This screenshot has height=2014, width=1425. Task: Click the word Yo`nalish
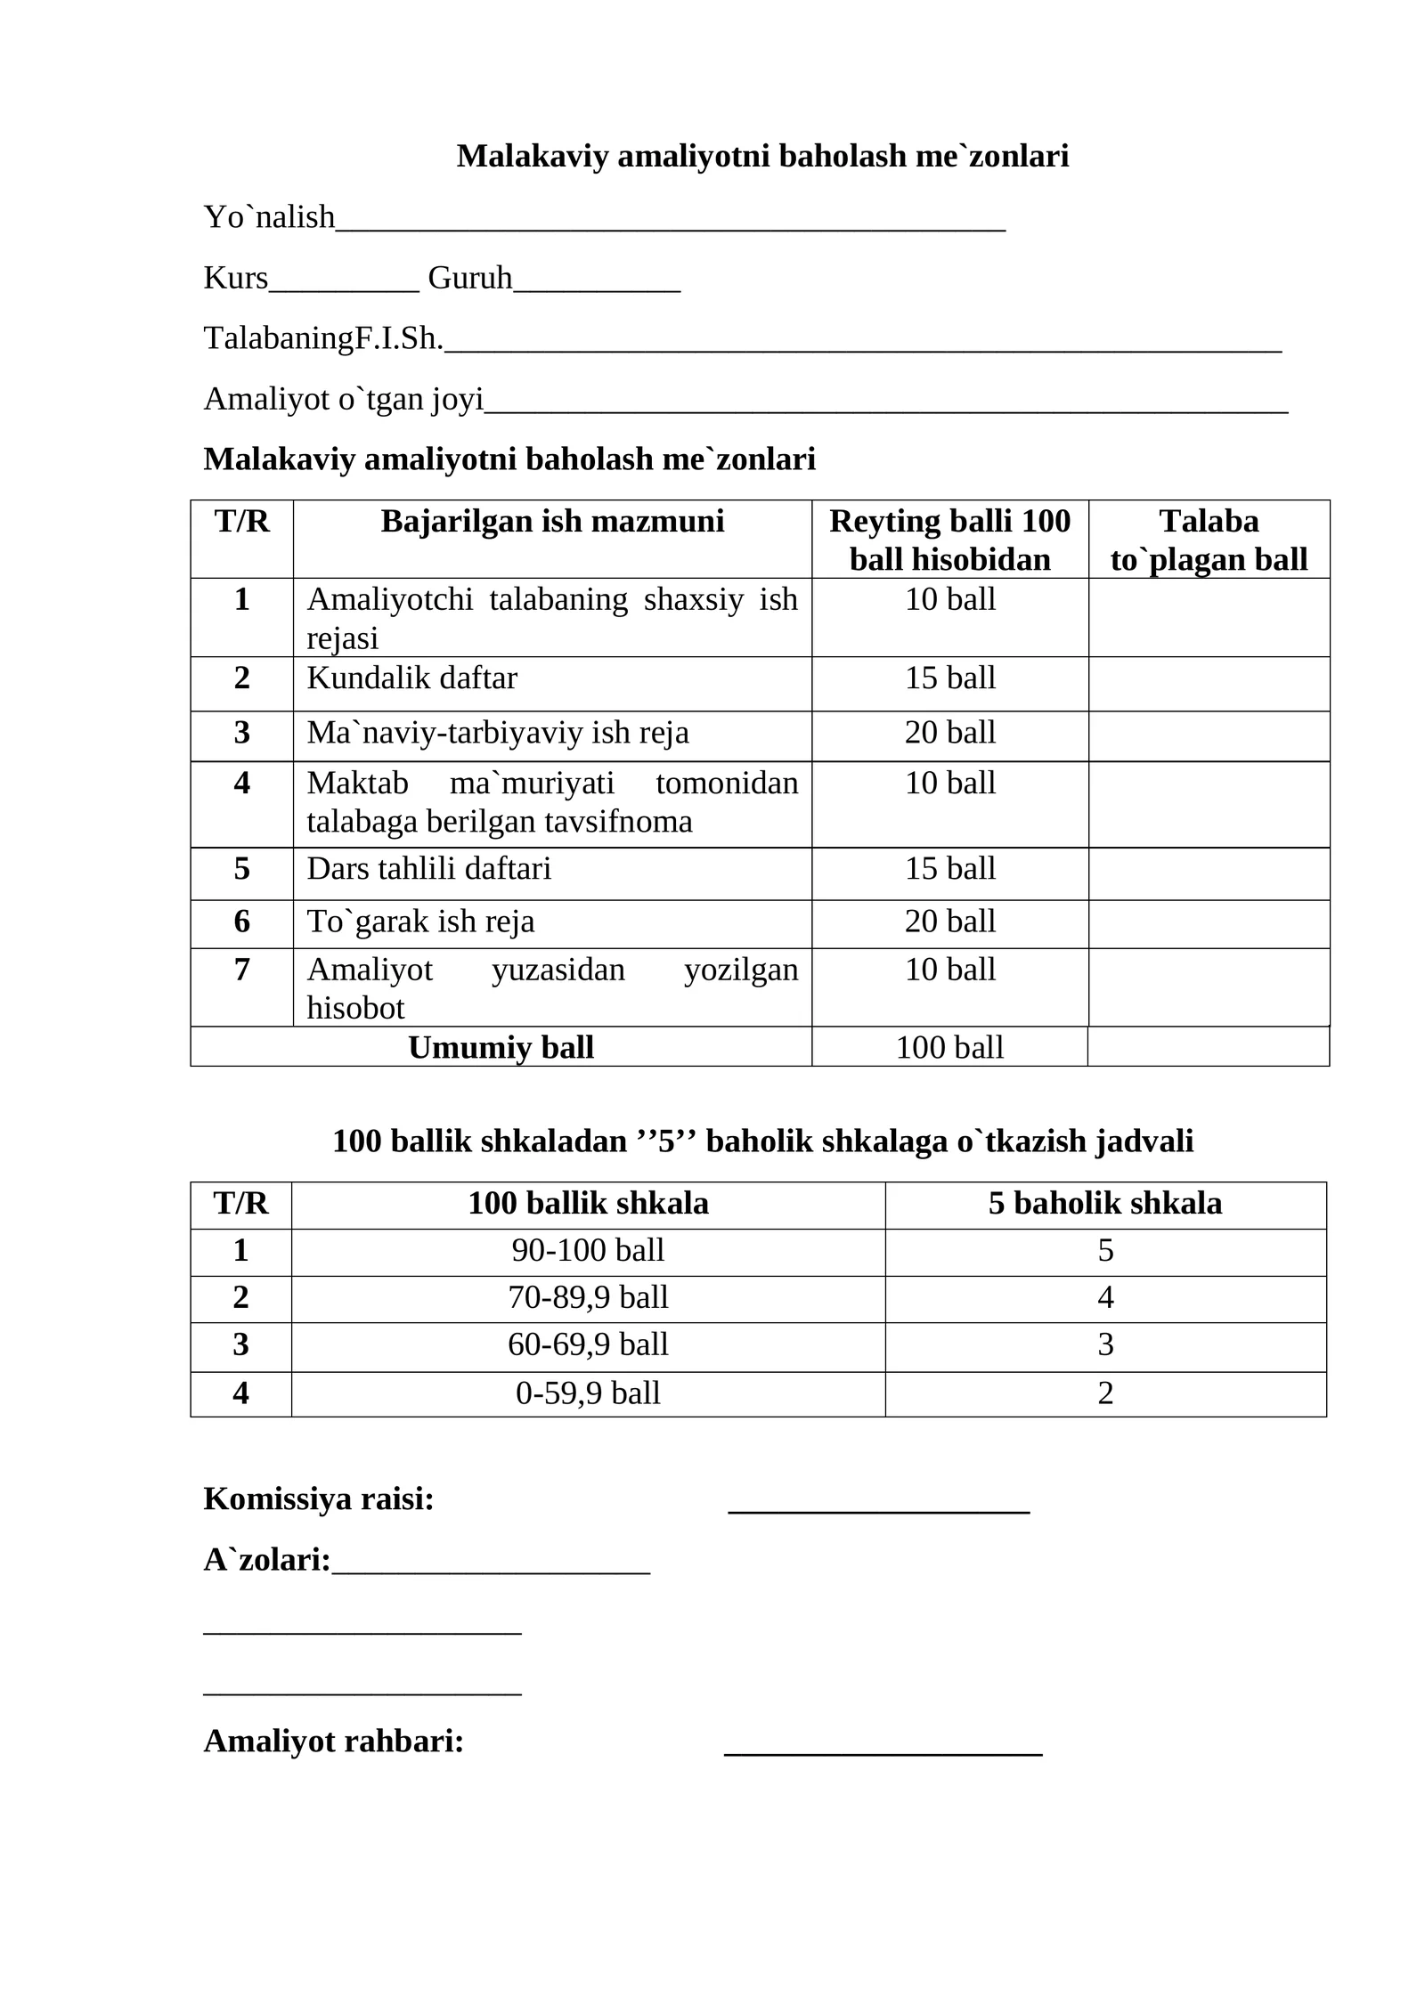[x=269, y=216]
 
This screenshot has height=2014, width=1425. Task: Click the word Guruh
[x=469, y=278]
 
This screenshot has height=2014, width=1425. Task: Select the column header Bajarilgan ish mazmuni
[x=551, y=521]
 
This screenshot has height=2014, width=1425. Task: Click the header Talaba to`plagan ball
[x=1208, y=540]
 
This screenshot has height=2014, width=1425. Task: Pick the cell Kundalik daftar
[x=411, y=678]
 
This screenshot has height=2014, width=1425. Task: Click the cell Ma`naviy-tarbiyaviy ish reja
[x=497, y=733]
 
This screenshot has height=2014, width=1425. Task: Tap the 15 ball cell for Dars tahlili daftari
[x=949, y=869]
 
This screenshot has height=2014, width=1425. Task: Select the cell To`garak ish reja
[x=420, y=922]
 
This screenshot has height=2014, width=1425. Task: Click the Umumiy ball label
[x=501, y=1048]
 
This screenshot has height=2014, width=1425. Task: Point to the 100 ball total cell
[x=949, y=1048]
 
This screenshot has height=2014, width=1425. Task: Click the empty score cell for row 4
[x=1208, y=804]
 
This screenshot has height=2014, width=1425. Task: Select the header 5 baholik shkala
[x=1104, y=1204]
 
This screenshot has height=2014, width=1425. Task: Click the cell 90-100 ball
[x=588, y=1251]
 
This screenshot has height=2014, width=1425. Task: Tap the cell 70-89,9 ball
[x=588, y=1298]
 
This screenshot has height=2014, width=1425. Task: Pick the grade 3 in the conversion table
[x=1104, y=1344]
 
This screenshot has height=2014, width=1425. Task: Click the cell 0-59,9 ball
[x=588, y=1393]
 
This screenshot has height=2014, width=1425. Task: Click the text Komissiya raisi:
[x=318, y=1499]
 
